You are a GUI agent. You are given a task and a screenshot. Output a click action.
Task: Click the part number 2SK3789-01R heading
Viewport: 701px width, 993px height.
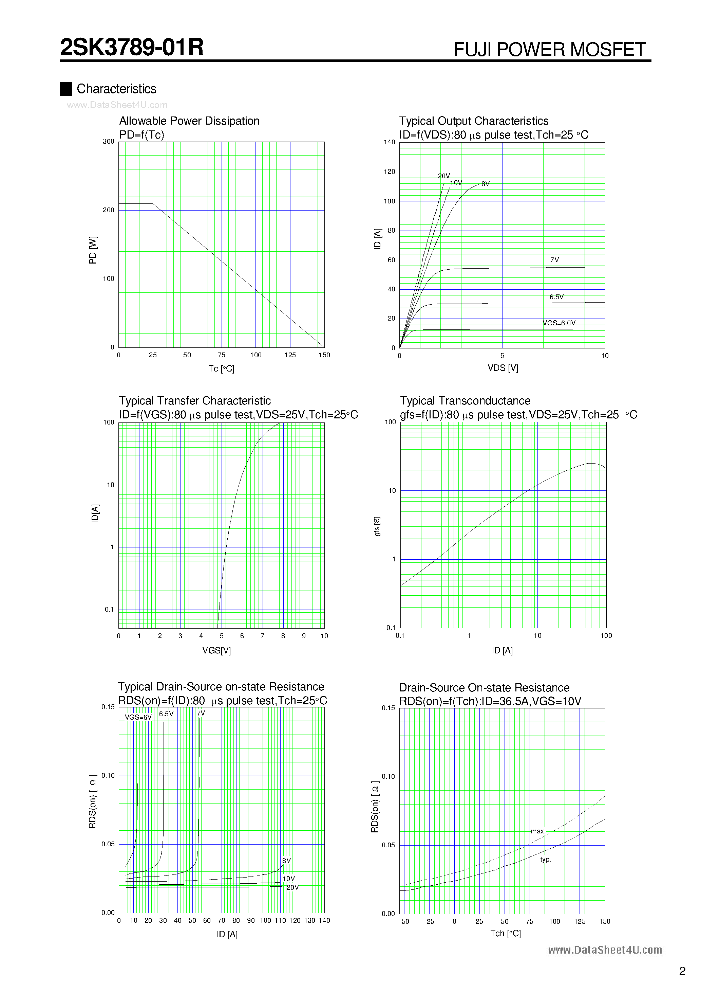(132, 47)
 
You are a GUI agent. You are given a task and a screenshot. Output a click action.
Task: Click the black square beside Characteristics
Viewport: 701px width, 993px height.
(66, 89)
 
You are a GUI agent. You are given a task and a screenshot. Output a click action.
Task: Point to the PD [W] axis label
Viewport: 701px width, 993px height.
(93, 250)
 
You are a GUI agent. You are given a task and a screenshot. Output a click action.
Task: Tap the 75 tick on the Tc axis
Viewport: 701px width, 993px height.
(221, 355)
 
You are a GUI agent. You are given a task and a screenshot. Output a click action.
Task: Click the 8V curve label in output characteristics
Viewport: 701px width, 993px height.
(485, 184)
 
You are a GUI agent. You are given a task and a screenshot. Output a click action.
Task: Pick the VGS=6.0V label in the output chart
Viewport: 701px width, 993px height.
(559, 323)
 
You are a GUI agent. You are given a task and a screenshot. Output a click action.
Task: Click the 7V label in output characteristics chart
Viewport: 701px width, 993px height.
(554, 260)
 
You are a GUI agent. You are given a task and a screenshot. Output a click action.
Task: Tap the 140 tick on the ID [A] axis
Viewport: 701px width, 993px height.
(390, 142)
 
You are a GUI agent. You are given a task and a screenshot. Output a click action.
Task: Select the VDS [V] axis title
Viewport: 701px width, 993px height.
(503, 368)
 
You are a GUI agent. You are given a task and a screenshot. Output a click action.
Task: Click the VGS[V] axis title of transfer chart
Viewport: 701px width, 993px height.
(216, 650)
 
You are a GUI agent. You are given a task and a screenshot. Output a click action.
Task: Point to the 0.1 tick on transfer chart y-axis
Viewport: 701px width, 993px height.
(109, 609)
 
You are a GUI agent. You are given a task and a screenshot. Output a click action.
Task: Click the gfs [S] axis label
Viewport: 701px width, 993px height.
(377, 526)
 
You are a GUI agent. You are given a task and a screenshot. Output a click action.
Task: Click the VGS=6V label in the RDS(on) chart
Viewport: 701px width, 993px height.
(138, 717)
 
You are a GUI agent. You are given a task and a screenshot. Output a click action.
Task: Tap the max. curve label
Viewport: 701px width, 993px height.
(538, 831)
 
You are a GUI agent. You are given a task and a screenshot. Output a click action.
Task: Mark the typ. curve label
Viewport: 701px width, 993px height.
(545, 859)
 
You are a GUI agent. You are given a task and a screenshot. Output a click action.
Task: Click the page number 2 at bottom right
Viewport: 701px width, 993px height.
(682, 971)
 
